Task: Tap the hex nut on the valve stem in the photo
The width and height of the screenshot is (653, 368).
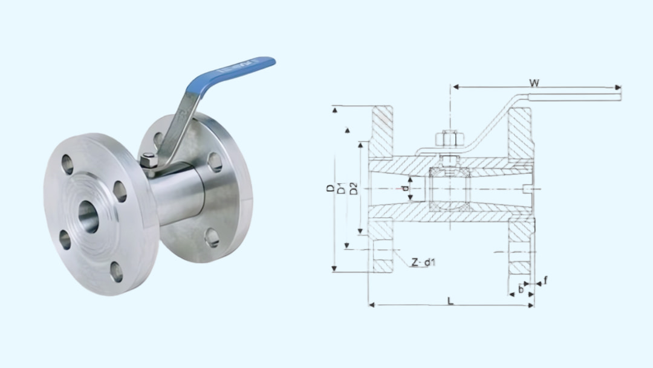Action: click(149, 161)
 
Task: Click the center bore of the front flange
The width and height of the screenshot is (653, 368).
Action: click(88, 216)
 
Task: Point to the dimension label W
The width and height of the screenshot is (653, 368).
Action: click(534, 81)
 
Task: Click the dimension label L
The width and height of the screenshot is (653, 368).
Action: click(450, 300)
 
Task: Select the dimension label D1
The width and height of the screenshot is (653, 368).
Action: click(342, 188)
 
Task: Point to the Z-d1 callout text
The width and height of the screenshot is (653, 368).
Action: click(423, 262)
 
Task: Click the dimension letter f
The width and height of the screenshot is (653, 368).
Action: click(545, 280)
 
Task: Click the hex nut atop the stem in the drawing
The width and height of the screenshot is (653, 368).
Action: click(449, 139)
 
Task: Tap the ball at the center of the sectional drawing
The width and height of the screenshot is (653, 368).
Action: click(450, 189)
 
